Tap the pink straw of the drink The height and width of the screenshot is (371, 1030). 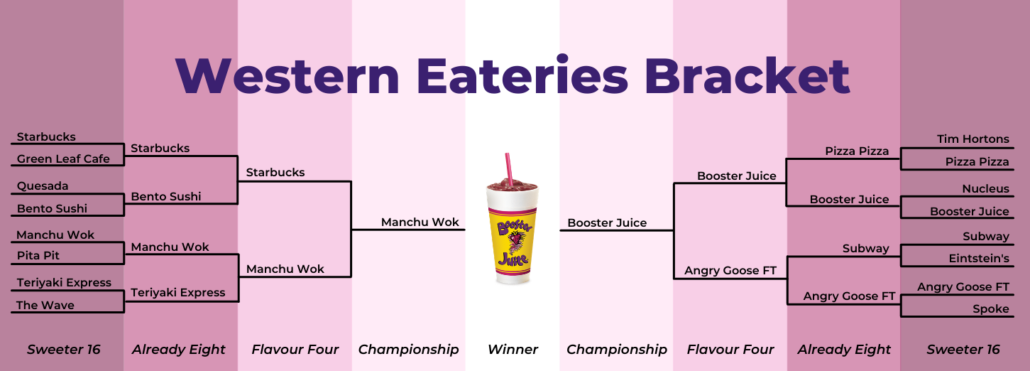pyautogui.click(x=508, y=168)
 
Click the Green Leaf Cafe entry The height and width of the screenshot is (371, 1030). pyautogui.click(x=63, y=158)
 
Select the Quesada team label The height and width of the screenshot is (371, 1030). pyautogui.click(x=43, y=186)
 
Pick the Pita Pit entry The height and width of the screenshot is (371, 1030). pyautogui.click(x=38, y=255)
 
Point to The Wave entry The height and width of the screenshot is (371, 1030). pyautogui.click(x=45, y=305)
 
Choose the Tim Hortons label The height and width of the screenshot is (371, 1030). pyautogui.click(x=973, y=139)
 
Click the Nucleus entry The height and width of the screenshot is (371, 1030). pyautogui.click(x=985, y=188)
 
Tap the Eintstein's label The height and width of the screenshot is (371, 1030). pyautogui.click(x=979, y=259)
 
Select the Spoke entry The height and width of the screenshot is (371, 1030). pyautogui.click(x=991, y=309)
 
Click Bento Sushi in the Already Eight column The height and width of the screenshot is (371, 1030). pyautogui.click(x=166, y=196)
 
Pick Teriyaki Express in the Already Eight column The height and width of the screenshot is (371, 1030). pyautogui.click(x=177, y=292)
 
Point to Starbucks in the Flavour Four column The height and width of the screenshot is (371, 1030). pyautogui.click(x=275, y=172)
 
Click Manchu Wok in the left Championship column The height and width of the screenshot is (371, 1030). pyautogui.click(x=420, y=222)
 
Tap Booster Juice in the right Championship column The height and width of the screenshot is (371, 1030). pyautogui.click(x=607, y=222)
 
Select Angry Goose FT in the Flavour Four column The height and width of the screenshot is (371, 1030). pyautogui.click(x=730, y=270)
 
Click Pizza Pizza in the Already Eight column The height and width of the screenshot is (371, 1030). pyautogui.click(x=857, y=151)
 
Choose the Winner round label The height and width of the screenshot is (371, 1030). pyautogui.click(x=513, y=349)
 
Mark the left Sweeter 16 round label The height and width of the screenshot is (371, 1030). pyautogui.click(x=64, y=349)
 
